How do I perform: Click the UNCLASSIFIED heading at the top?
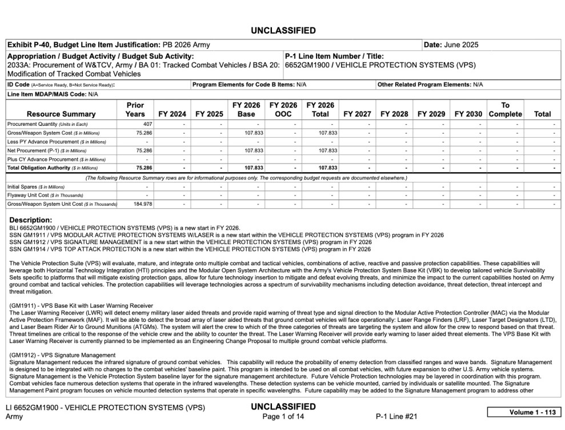(x=282, y=30)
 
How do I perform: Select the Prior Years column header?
(x=135, y=110)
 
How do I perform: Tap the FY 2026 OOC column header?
(x=283, y=110)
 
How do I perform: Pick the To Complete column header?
(x=505, y=110)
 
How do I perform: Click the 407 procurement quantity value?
(x=147, y=124)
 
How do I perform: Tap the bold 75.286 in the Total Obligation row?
(x=143, y=168)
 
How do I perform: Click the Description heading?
(x=31, y=220)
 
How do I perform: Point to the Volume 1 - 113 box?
(x=524, y=412)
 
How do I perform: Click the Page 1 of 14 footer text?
(x=283, y=416)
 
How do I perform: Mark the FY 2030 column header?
(x=468, y=114)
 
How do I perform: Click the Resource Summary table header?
(x=61, y=114)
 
